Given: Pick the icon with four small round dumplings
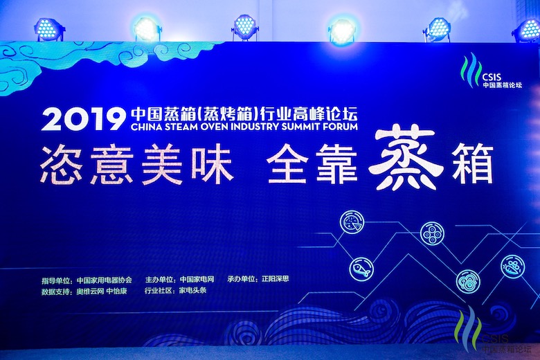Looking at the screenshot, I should coord(432,233).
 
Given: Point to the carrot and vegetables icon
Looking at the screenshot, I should coord(513,267).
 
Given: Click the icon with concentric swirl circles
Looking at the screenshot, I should coord(468,280).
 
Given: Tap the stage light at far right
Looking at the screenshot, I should coord(526,29).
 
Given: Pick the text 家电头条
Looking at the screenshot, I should coord(192,291).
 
